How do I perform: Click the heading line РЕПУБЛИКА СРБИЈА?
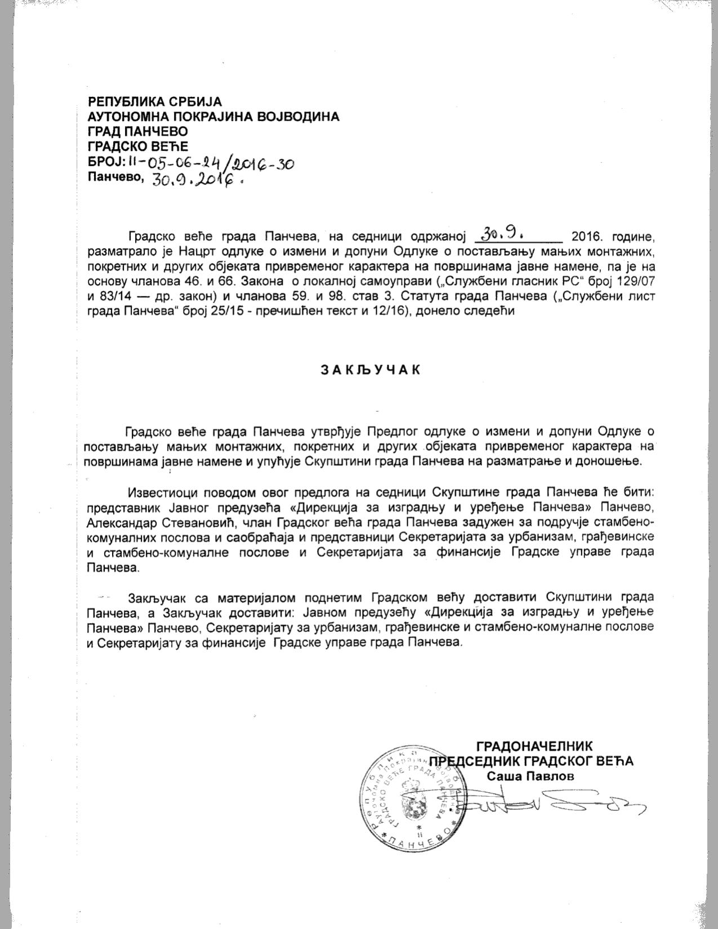[x=155, y=102]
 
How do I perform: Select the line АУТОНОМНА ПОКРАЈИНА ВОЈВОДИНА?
[x=213, y=116]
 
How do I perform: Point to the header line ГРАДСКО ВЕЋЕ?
[x=137, y=147]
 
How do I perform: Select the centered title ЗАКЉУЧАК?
[x=371, y=370]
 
